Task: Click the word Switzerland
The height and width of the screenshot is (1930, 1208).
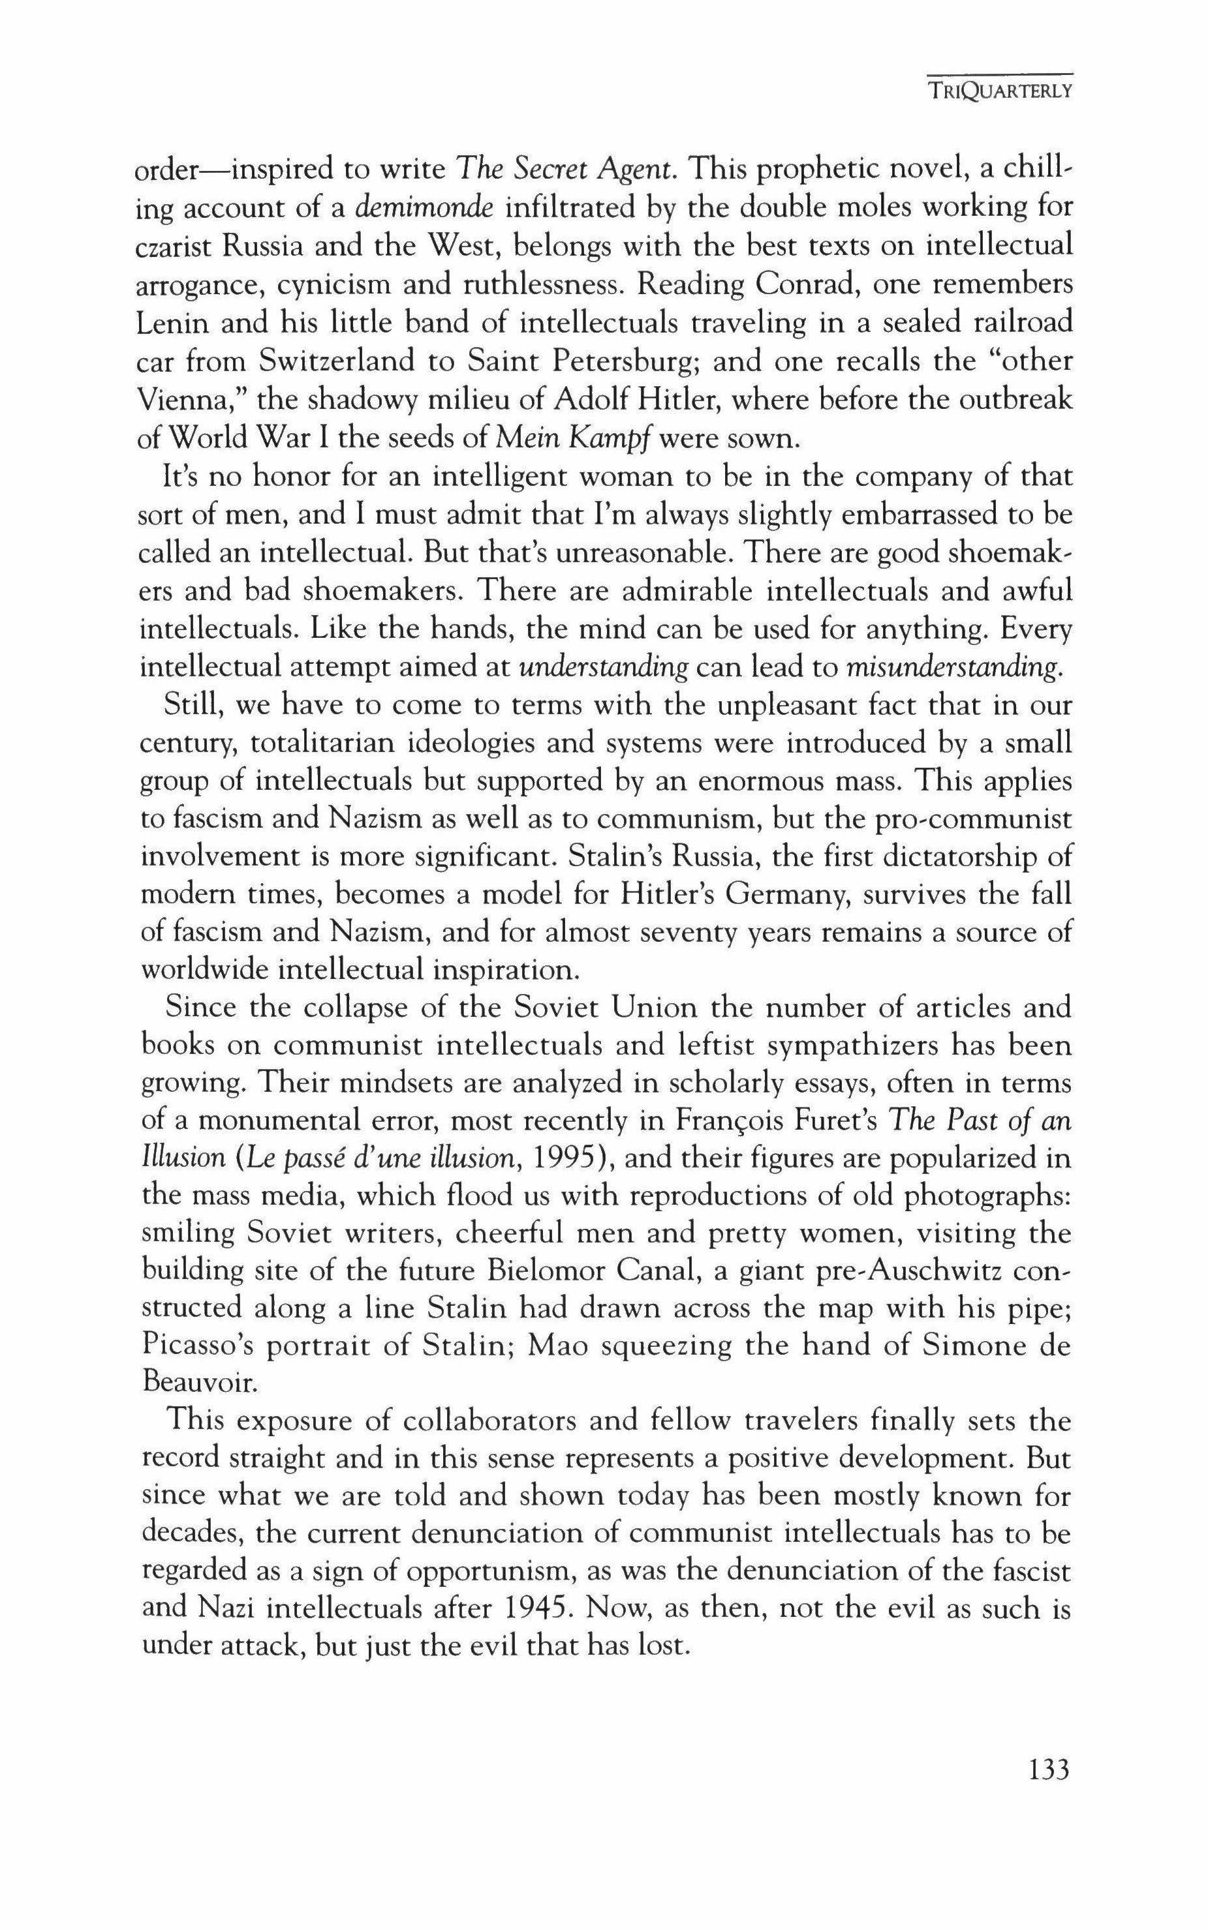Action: (336, 362)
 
